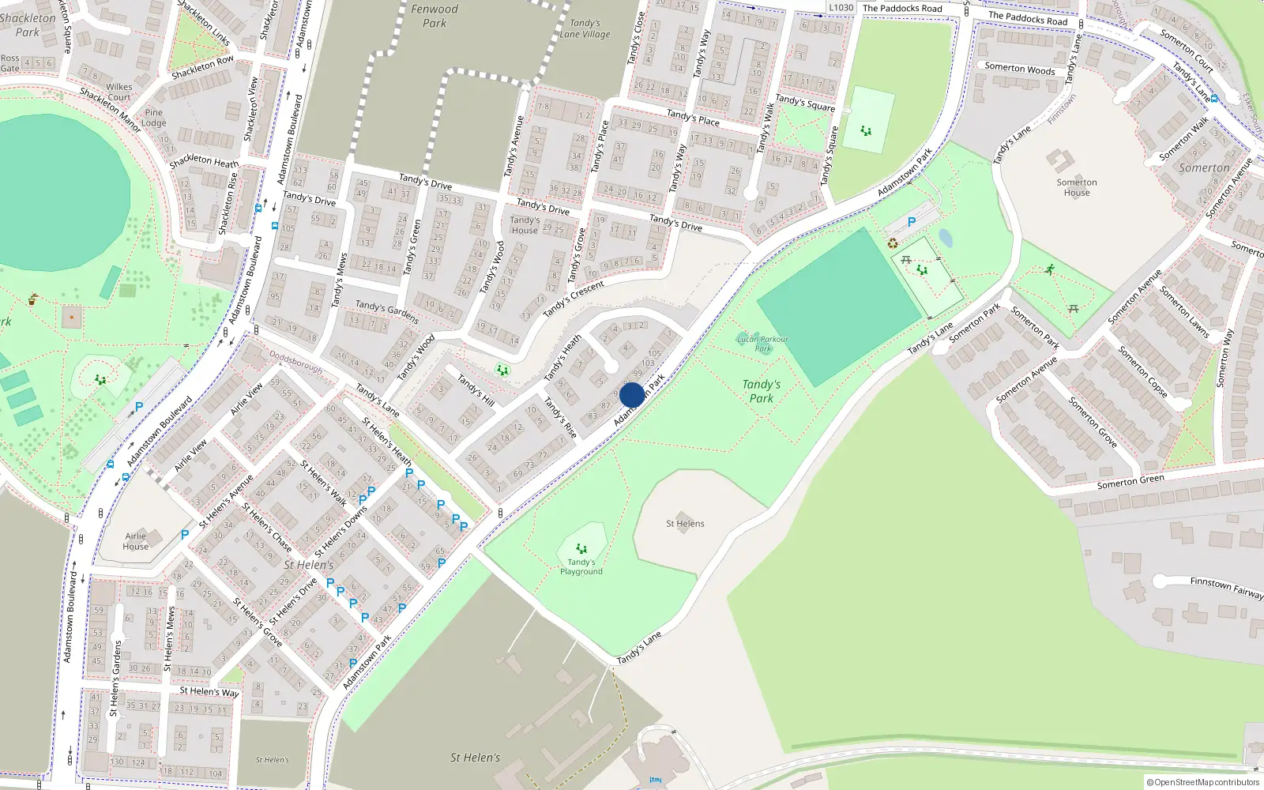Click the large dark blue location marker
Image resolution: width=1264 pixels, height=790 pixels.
[x=632, y=395]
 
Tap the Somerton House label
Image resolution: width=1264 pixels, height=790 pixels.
[x=1077, y=187]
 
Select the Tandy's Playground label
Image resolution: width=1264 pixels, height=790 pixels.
[x=581, y=567]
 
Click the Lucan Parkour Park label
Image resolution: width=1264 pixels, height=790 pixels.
[x=762, y=344]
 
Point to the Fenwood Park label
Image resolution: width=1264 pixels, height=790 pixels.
[x=434, y=16]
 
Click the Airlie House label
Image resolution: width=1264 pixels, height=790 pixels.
[x=136, y=541]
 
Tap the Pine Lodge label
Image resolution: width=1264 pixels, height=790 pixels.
[x=154, y=118]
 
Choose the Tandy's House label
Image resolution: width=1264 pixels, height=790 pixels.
[x=525, y=225]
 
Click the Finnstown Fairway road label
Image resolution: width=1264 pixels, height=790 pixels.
[x=1226, y=588]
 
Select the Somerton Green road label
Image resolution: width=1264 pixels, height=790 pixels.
[x=1130, y=481]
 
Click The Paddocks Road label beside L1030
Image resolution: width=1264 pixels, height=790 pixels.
[x=902, y=9]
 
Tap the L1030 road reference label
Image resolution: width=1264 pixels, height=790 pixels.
[x=841, y=8]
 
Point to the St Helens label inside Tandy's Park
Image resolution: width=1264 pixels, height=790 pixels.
[x=685, y=523]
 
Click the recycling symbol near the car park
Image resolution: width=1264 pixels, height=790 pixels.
[x=893, y=244]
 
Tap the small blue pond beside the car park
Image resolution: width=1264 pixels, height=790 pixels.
[x=946, y=238]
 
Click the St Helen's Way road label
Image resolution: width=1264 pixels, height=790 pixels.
[x=209, y=691]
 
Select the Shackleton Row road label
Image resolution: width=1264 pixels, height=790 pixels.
[x=203, y=67]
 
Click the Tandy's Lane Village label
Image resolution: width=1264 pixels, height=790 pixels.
[x=585, y=28]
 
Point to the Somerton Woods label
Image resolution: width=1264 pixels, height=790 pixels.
[x=1019, y=68]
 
